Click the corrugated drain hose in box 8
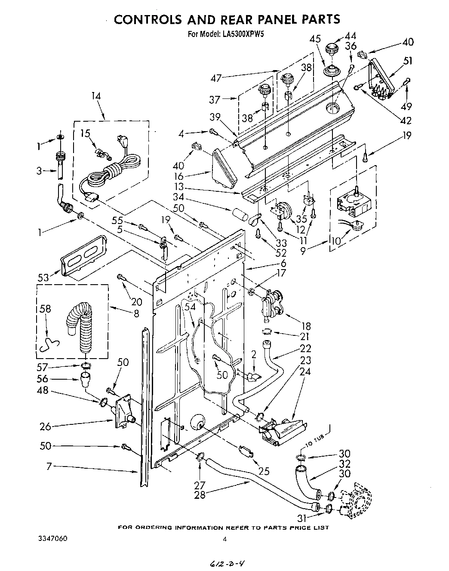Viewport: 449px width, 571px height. (x=81, y=327)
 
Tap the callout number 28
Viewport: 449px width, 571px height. (x=200, y=494)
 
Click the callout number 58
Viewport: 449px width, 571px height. (x=46, y=308)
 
